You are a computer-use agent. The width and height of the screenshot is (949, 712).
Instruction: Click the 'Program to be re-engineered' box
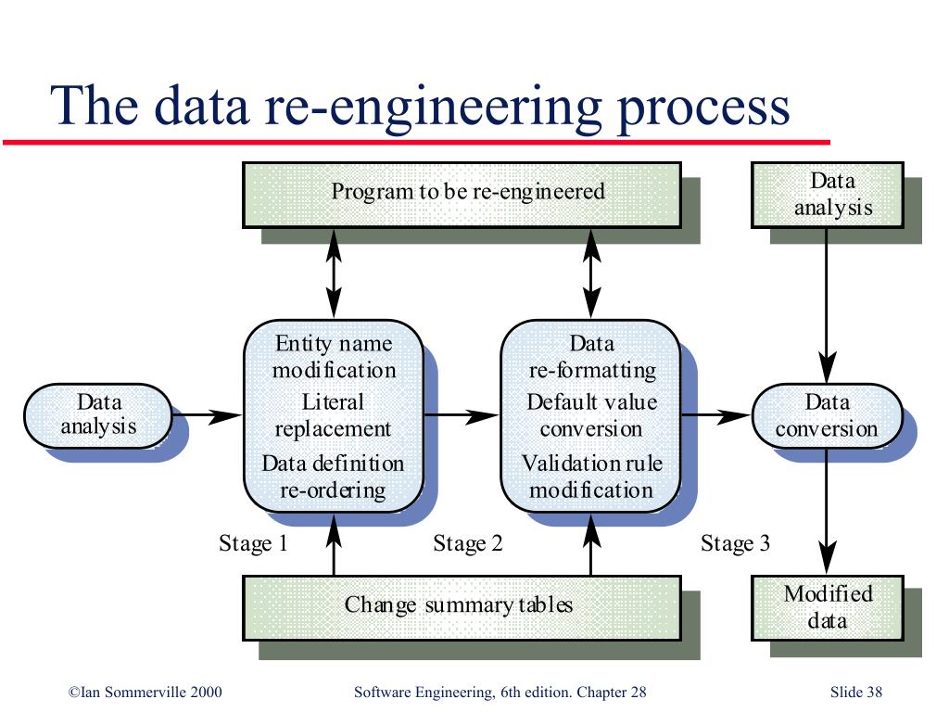[462, 195]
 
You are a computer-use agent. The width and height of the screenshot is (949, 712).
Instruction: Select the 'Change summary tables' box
[462, 608]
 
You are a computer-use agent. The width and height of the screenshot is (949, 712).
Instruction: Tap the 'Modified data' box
[828, 608]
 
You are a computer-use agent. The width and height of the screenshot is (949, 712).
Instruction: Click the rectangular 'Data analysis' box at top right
[828, 195]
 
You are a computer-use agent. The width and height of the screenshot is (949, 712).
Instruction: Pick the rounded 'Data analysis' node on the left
[98, 416]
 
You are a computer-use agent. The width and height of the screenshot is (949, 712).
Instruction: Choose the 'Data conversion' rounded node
[828, 416]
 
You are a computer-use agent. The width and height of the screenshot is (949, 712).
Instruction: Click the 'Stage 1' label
[253, 543]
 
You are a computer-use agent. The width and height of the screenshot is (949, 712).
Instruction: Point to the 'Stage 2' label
[468, 543]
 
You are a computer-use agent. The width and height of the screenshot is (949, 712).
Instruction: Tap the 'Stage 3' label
[735, 543]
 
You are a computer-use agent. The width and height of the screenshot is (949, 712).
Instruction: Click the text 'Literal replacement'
[333, 415]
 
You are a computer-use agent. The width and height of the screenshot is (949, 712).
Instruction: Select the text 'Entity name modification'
[334, 357]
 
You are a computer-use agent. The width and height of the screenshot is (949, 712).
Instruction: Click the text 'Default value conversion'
[591, 415]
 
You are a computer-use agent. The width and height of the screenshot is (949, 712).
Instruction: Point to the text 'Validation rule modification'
[591, 477]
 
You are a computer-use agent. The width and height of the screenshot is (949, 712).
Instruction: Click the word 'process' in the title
[703, 107]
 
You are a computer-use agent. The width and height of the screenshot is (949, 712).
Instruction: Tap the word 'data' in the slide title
[201, 106]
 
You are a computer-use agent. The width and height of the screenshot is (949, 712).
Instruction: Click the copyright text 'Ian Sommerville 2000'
[151, 692]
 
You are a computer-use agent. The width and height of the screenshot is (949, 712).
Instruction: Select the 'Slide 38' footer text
[855, 692]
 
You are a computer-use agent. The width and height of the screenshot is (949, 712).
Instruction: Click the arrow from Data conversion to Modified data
[827, 511]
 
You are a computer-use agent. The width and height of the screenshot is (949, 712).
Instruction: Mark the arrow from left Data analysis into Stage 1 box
[207, 416]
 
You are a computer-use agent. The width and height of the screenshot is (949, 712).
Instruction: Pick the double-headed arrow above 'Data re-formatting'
[591, 273]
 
